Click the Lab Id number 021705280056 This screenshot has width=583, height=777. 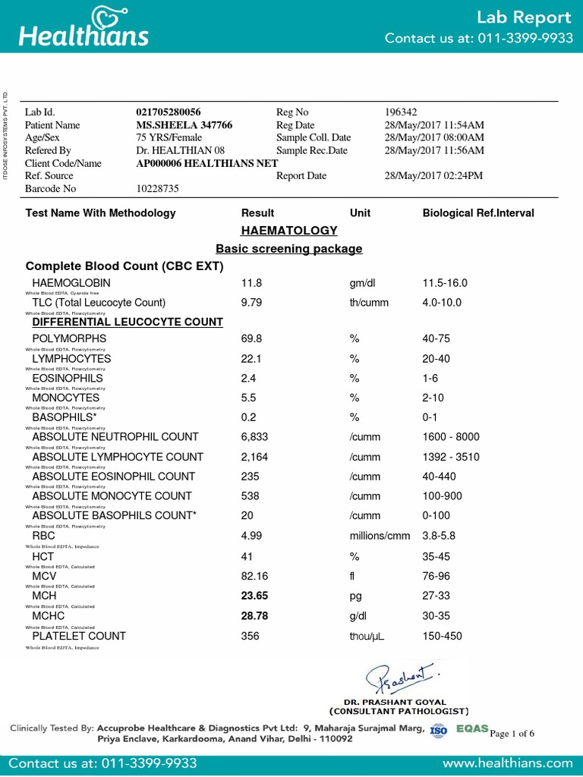(x=169, y=112)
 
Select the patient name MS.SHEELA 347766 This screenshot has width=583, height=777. (x=184, y=125)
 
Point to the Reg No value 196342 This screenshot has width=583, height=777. (x=401, y=112)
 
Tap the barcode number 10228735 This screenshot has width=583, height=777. (x=158, y=189)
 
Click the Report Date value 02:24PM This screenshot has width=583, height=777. (x=434, y=176)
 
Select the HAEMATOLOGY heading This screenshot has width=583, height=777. (x=288, y=230)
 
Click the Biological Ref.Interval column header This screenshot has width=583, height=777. (x=478, y=213)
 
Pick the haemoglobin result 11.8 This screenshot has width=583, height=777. (x=251, y=283)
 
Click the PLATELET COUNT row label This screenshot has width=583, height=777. (x=79, y=636)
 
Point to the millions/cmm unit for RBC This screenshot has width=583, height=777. (x=380, y=536)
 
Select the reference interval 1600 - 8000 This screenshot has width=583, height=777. (x=452, y=437)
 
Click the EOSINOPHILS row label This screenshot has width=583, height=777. (x=68, y=378)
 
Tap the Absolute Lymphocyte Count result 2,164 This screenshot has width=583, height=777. (x=254, y=457)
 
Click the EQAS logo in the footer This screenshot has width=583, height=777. (x=472, y=729)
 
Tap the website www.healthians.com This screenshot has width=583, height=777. (x=507, y=763)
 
